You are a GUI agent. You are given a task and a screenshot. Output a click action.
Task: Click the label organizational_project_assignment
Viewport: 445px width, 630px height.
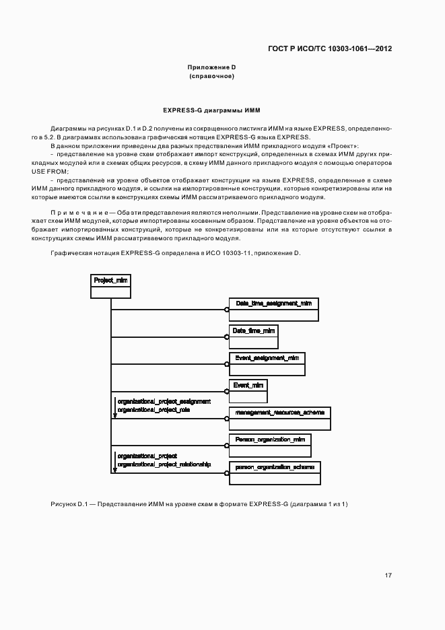tap(164, 401)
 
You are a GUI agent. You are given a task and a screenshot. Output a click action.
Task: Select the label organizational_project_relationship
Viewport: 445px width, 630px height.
tap(164, 464)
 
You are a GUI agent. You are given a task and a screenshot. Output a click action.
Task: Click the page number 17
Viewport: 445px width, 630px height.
tap(388, 575)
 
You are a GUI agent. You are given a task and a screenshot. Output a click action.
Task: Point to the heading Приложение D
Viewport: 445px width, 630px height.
tap(211, 67)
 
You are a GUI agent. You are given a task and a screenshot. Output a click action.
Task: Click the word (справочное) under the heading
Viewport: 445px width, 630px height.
tap(211, 76)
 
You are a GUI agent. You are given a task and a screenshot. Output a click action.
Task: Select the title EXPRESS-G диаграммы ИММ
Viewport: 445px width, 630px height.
tap(211, 110)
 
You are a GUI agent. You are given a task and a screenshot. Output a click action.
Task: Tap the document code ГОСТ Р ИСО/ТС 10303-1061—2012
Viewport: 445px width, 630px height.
tap(330, 48)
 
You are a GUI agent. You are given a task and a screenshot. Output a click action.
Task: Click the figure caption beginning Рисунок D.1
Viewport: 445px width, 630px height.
tap(199, 504)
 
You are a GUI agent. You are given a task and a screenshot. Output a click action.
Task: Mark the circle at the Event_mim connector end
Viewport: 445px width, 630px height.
tap(227, 391)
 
